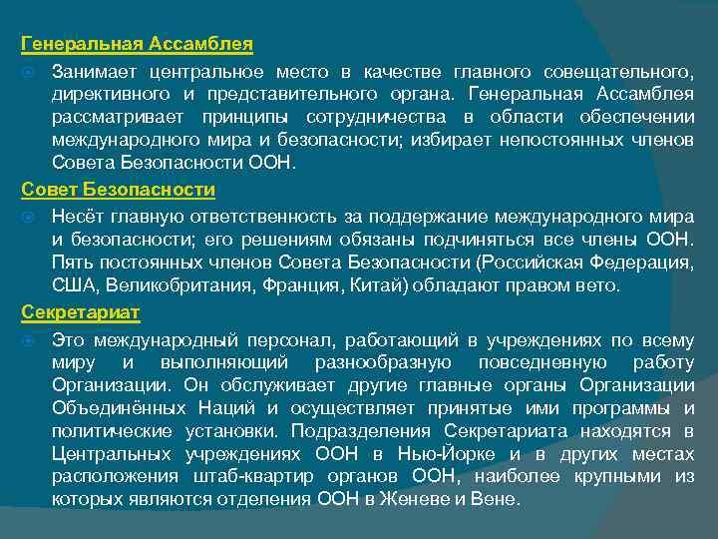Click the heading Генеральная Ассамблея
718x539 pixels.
click(138, 45)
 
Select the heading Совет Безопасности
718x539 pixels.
click(119, 189)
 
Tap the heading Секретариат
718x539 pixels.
click(81, 312)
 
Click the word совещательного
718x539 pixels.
click(617, 71)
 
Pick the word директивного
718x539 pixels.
click(108, 95)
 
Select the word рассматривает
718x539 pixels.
click(111, 119)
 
